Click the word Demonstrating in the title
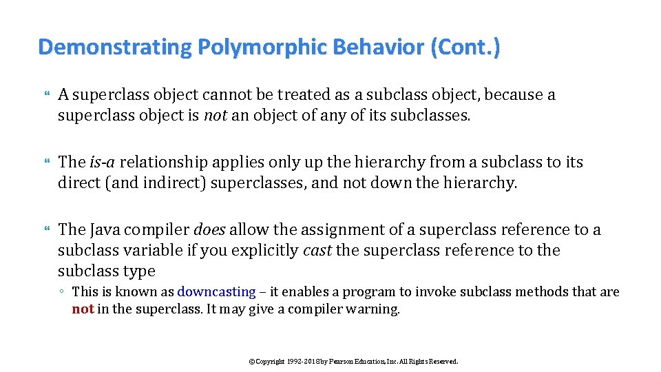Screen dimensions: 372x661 tap(115, 48)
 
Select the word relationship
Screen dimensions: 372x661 tap(165, 162)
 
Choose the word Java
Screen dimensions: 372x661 tap(105, 229)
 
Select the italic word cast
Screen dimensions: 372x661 tap(317, 250)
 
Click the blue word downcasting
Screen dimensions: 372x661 tap(216, 292)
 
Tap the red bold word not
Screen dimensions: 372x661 tap(83, 309)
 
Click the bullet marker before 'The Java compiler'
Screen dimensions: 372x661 tap(46, 229)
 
